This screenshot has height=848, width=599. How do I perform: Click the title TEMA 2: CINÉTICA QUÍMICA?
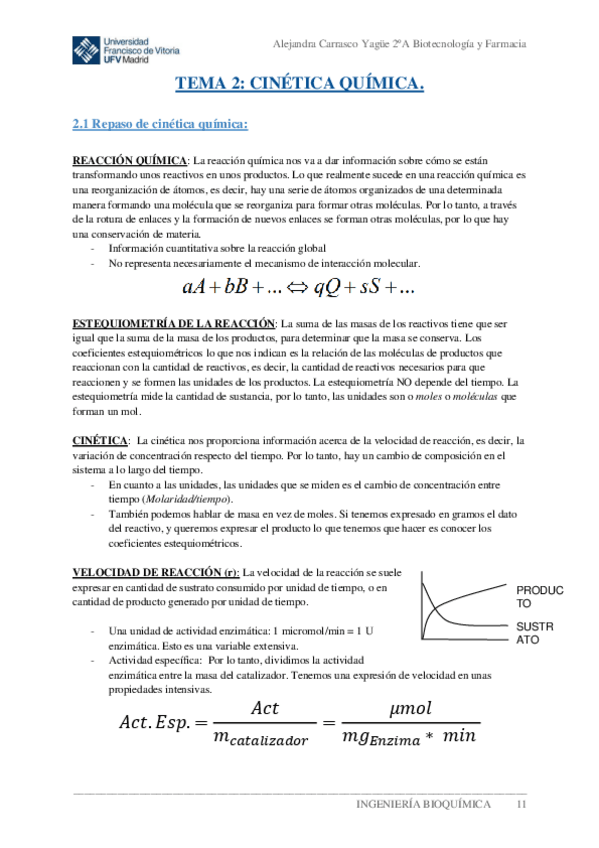300,86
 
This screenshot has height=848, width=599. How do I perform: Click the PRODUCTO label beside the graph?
539,597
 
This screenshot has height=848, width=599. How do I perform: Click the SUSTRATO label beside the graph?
538,634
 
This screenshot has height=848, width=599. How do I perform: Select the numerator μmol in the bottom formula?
408,708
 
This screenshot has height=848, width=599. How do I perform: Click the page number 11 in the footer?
520,805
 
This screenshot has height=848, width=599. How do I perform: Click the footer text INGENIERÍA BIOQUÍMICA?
425,805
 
